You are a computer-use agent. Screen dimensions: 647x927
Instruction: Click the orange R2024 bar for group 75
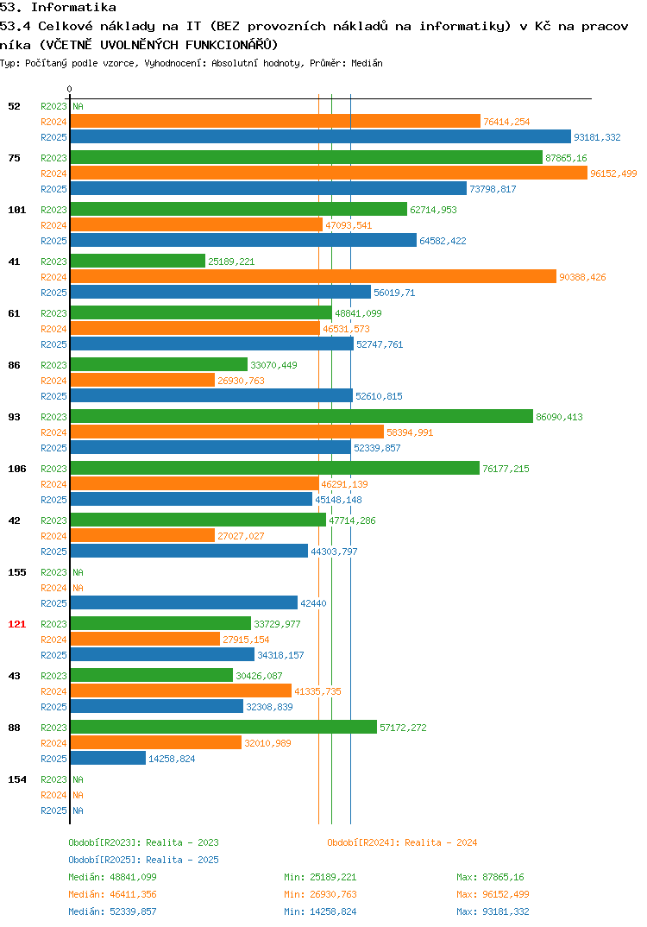pyautogui.click(x=330, y=173)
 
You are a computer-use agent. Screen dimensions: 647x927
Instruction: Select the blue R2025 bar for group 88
pyautogui.click(x=108, y=758)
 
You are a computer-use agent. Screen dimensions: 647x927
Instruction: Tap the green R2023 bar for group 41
pyautogui.click(x=138, y=262)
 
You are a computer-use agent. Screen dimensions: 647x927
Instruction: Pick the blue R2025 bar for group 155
pyautogui.click(x=185, y=603)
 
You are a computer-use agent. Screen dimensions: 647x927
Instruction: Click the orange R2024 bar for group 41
pyautogui.click(x=314, y=277)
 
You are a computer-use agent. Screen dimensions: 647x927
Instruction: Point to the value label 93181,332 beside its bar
pyautogui.click(x=597, y=137)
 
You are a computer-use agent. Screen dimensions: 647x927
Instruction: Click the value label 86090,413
pyautogui.click(x=559, y=417)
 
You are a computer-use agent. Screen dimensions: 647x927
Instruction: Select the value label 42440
pyautogui.click(x=313, y=603)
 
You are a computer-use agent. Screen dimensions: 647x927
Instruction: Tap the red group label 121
pyautogui.click(x=17, y=624)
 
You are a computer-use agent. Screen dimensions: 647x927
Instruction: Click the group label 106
pyautogui.click(x=17, y=469)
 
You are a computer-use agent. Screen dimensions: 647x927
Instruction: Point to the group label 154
pyautogui.click(x=17, y=779)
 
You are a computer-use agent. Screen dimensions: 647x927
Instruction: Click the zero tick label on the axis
pyautogui.click(x=70, y=89)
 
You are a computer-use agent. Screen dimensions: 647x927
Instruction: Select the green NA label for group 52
pyautogui.click(x=78, y=106)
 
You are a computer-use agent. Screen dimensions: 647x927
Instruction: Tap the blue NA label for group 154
pyautogui.click(x=78, y=810)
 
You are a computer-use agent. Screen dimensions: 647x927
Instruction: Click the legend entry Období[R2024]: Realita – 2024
pyautogui.click(x=402, y=842)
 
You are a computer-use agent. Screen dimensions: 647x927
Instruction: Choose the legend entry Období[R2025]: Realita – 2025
pyautogui.click(x=143, y=860)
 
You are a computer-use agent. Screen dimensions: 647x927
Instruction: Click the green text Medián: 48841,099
pyautogui.click(x=112, y=877)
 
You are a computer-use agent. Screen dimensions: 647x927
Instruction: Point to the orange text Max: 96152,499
pyautogui.click(x=493, y=894)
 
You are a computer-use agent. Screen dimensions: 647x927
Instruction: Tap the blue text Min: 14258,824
pyautogui.click(x=320, y=911)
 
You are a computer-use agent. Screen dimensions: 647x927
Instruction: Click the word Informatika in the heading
pyautogui.click(x=73, y=7)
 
